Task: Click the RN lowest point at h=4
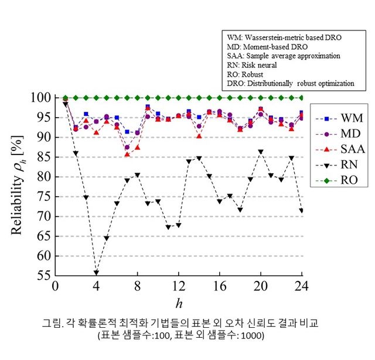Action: tap(96, 273)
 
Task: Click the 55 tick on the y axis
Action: tap(43, 276)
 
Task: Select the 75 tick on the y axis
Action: tap(43, 197)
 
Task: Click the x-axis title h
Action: tap(179, 303)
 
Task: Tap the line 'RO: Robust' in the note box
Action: tap(246, 74)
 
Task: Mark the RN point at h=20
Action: tap(261, 152)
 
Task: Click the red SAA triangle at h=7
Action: tap(127, 154)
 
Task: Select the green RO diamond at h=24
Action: tap(302, 98)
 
